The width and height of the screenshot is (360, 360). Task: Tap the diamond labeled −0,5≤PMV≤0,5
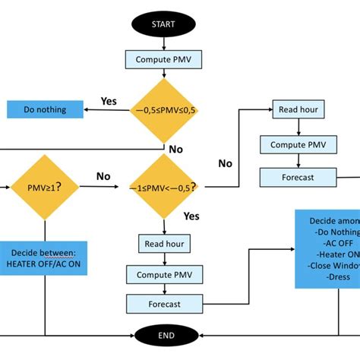(x=164, y=110)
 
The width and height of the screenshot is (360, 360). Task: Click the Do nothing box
(x=45, y=109)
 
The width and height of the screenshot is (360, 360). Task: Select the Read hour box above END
(x=164, y=244)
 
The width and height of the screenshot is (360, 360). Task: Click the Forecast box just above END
(x=164, y=304)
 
